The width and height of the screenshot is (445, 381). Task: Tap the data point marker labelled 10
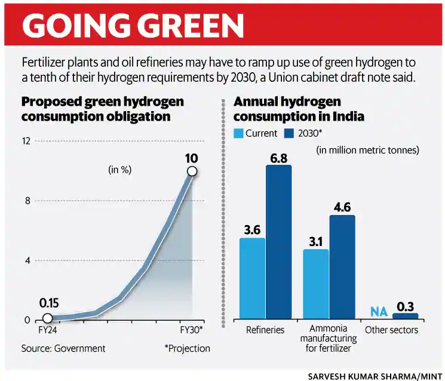pos(192,171)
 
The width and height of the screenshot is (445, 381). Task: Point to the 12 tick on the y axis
pos(26,142)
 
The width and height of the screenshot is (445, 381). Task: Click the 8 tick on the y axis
pos(27,201)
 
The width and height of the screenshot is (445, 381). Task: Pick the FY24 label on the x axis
pos(48,330)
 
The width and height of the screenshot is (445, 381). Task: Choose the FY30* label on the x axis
pos(192,330)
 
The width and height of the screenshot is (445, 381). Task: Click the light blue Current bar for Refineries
pos(252,278)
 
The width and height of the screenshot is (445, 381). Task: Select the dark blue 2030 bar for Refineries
pos(278,241)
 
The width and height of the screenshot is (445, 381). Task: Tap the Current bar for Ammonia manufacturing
pos(316,284)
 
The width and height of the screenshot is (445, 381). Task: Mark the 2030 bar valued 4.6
pos(342,266)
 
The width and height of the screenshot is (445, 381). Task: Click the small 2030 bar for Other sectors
pos(406,315)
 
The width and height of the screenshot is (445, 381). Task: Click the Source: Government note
pos(63,348)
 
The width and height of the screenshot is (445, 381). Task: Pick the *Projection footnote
pos(187,348)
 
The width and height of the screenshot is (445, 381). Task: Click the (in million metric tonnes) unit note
pos(367,150)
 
